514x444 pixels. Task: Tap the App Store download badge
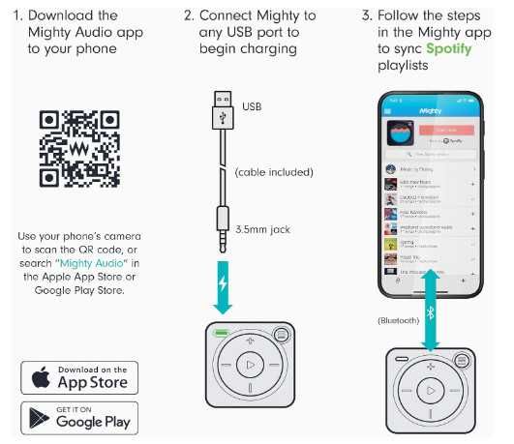tap(79, 376)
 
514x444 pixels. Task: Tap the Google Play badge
tap(79, 417)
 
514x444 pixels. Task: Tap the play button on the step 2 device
tap(249, 365)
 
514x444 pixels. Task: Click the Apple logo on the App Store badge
tap(40, 376)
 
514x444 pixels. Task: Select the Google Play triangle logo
tap(40, 417)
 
